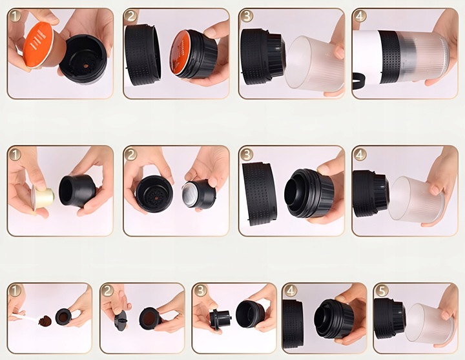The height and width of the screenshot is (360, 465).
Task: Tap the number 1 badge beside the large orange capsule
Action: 14,15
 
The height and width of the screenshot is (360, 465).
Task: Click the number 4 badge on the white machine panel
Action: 359,15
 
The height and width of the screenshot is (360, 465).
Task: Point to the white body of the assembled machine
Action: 366,56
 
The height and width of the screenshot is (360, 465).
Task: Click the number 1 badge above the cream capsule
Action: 14,154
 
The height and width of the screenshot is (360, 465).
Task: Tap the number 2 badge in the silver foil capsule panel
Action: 130,154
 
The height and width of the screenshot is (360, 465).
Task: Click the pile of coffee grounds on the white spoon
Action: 45,321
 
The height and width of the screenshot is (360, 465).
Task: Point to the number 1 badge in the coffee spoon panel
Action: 14,291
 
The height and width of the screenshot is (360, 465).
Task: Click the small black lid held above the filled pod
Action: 121,321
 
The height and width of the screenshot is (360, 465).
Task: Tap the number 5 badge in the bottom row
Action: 382,291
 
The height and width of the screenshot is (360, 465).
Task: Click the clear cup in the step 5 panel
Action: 429,323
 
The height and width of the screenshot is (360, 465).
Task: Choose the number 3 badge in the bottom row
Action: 200,291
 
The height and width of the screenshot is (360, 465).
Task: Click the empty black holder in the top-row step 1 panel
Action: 83,59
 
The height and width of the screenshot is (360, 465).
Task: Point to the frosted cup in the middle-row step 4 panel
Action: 417,199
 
